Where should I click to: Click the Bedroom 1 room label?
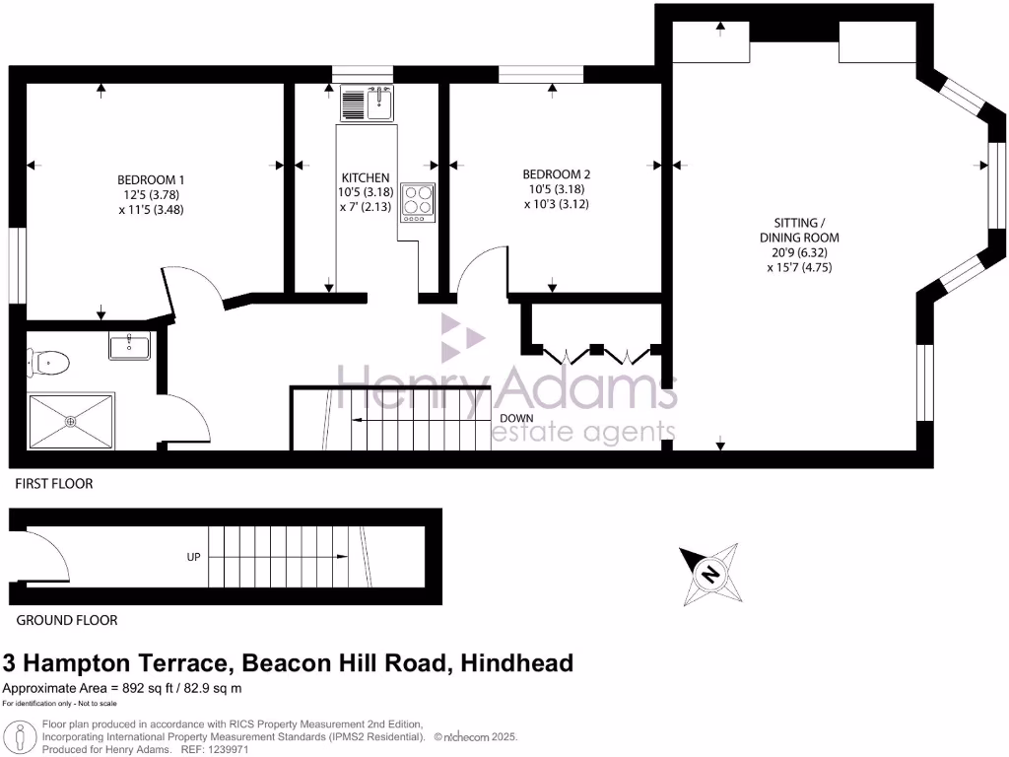[151, 194]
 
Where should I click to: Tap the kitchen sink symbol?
[367, 103]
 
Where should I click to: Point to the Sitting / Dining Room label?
[799, 244]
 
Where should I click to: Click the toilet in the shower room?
[49, 363]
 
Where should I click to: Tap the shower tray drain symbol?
[71, 421]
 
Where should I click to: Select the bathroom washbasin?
[129, 346]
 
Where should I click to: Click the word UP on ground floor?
[193, 557]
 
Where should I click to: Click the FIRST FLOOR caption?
[54, 484]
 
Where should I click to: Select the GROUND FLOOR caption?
[66, 620]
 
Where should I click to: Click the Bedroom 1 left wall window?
[17, 265]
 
